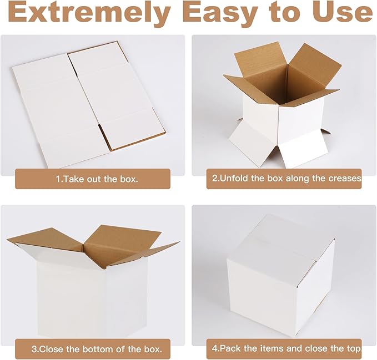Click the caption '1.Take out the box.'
(92, 179)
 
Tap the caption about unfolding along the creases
(284, 179)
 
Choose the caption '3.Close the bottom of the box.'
(92, 349)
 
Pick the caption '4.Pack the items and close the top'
(284, 349)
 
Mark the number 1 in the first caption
(57, 179)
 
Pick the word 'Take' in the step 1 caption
(72, 179)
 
